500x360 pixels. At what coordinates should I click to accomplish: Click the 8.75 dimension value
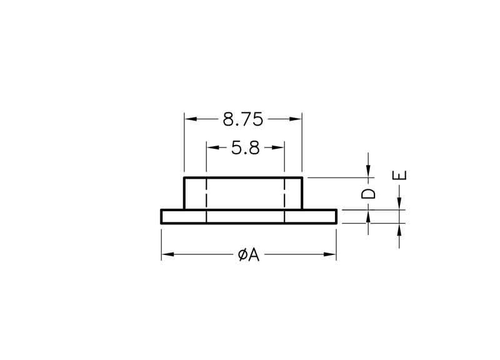pos(242,119)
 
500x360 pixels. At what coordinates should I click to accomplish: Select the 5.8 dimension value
pos(245,148)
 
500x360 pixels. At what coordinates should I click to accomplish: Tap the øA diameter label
pos(249,255)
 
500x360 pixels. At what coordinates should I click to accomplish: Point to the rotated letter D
pos(368,194)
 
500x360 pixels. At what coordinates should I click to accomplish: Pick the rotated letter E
pos(399,176)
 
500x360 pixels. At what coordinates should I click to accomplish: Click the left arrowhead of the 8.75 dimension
pos(191,119)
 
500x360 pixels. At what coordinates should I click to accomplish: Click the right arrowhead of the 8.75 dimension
pos(296,119)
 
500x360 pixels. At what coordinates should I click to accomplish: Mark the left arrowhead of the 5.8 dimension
pos(212,147)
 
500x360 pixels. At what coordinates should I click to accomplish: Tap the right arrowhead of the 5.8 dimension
pos(278,147)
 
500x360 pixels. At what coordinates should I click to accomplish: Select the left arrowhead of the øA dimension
pos(167,254)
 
